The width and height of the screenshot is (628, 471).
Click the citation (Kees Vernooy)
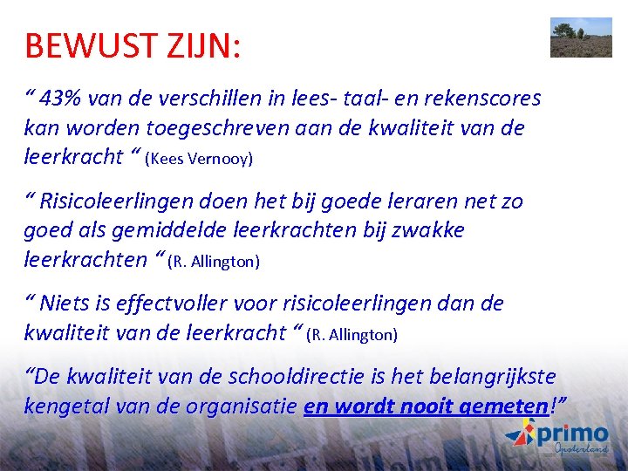199,160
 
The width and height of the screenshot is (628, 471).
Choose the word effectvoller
181,304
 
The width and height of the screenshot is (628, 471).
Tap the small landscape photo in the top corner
581,37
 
